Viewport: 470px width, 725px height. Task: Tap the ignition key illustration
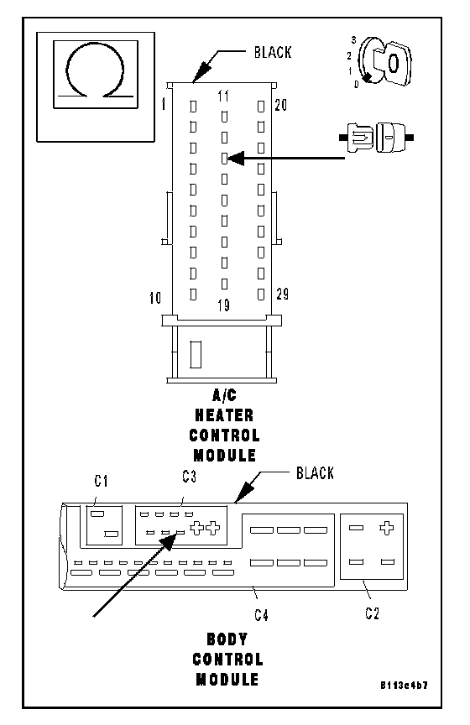(x=384, y=62)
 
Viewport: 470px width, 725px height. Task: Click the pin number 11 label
(x=223, y=96)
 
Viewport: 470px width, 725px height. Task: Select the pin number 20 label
(x=281, y=106)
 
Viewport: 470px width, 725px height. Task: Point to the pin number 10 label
(x=155, y=298)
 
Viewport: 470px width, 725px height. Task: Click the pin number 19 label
(x=224, y=305)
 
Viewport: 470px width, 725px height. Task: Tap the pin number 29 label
(x=283, y=294)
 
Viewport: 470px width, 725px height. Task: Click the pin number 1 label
(x=164, y=105)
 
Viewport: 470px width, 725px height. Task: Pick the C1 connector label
(x=102, y=482)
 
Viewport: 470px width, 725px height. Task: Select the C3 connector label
(x=189, y=477)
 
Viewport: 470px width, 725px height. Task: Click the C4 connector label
(x=261, y=615)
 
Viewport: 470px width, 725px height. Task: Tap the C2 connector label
(x=373, y=613)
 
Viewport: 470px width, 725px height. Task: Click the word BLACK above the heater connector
(x=273, y=52)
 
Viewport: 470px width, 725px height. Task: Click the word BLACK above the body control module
(x=315, y=473)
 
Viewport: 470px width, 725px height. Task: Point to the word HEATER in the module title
(x=224, y=415)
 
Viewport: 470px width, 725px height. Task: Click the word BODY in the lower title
(x=227, y=639)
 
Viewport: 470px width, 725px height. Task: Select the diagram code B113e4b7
(x=404, y=686)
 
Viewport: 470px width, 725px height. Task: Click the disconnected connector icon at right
(x=377, y=138)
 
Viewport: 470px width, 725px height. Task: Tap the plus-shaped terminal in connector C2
(x=386, y=528)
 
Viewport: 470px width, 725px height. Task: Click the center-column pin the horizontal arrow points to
(x=224, y=159)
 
